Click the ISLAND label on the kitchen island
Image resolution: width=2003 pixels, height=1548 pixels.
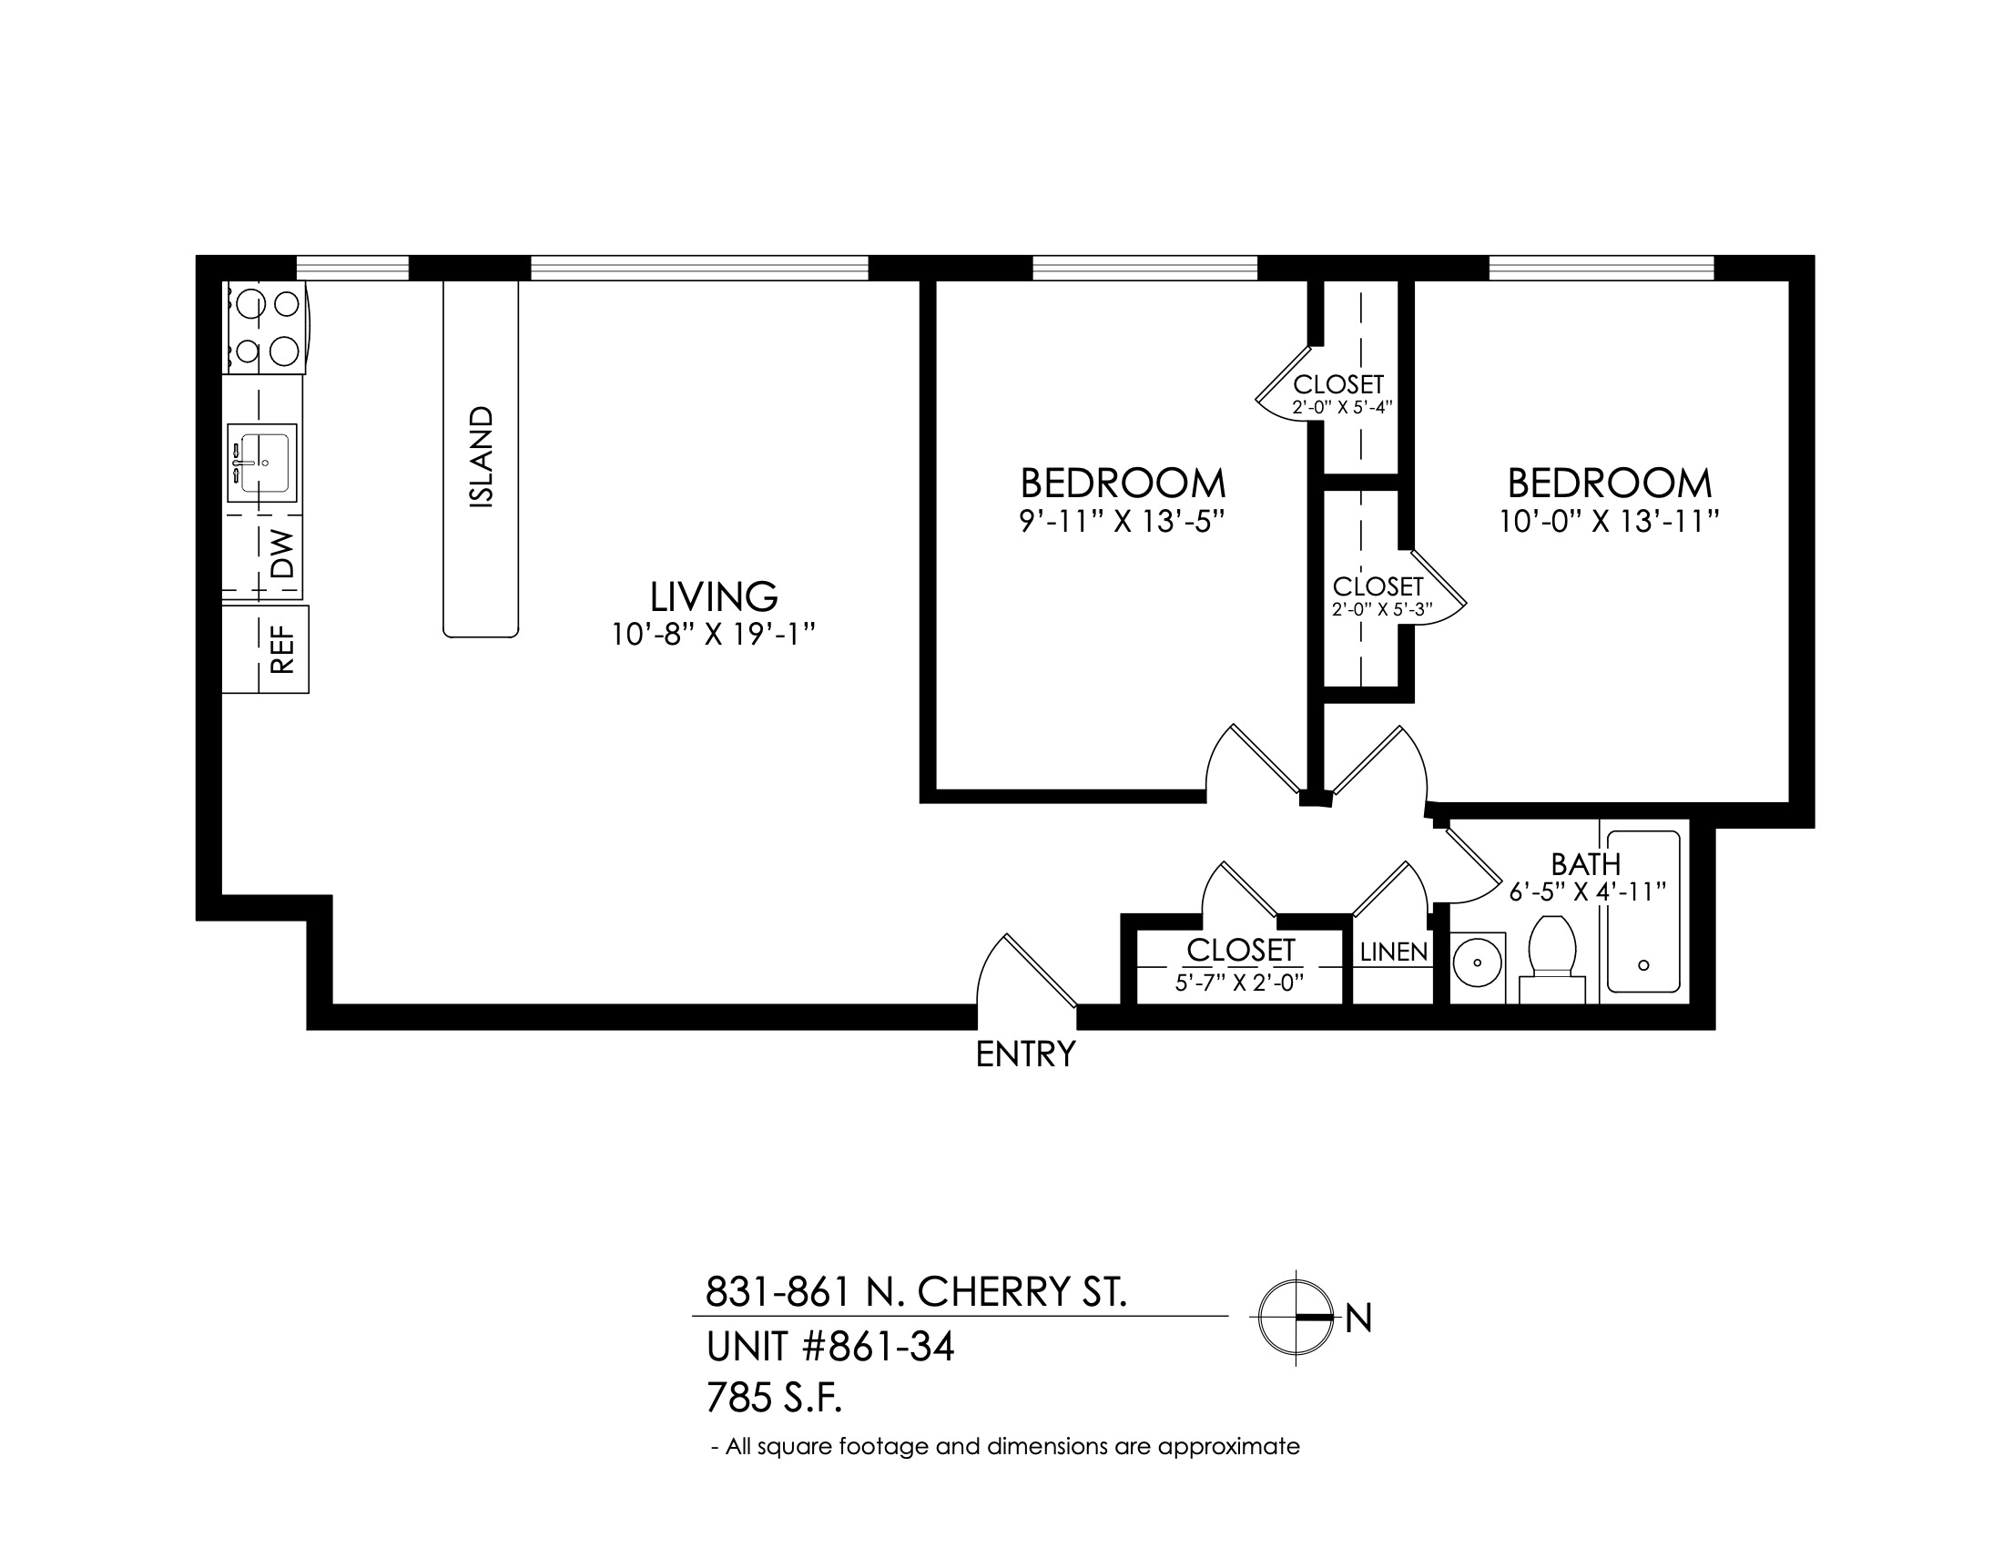481,457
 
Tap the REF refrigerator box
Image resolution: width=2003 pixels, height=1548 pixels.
265,649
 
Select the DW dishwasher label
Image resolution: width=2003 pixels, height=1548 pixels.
284,554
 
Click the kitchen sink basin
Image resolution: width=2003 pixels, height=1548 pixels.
262,463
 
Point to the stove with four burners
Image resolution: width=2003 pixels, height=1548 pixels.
263,328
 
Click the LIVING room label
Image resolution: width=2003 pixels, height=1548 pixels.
714,597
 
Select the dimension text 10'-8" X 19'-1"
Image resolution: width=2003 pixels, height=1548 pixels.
714,635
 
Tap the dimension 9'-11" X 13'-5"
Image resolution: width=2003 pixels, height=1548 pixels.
1123,522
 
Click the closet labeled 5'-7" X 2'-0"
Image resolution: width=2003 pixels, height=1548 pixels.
1240,966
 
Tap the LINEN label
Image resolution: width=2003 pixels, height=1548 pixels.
1394,952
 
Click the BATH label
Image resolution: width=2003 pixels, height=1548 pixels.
1586,864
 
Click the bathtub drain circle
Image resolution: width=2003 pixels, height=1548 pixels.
1643,964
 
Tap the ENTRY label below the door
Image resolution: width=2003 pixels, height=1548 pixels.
1025,1055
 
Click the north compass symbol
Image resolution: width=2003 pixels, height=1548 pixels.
1295,1317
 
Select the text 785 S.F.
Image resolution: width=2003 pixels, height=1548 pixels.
775,1399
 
